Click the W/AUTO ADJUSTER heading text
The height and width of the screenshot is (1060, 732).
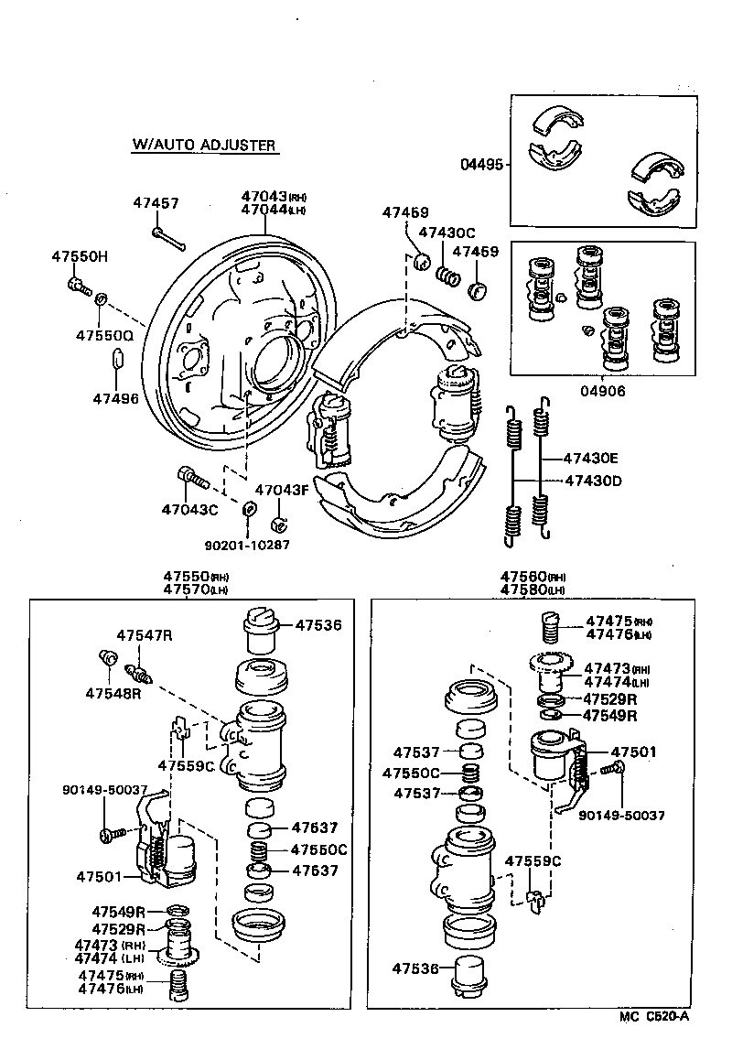click(204, 145)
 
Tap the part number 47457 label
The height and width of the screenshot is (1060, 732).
click(156, 203)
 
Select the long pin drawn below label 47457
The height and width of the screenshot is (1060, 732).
click(169, 239)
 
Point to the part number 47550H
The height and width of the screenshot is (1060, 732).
click(79, 256)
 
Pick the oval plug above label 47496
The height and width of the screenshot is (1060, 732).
click(116, 358)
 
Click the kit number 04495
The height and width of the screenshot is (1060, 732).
click(481, 165)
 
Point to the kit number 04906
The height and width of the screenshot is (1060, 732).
click(604, 390)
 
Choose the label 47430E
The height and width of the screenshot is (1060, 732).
click(591, 459)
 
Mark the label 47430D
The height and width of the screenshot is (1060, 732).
click(592, 481)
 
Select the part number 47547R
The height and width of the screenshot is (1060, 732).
click(144, 634)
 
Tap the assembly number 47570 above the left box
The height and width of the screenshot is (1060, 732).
click(188, 590)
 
